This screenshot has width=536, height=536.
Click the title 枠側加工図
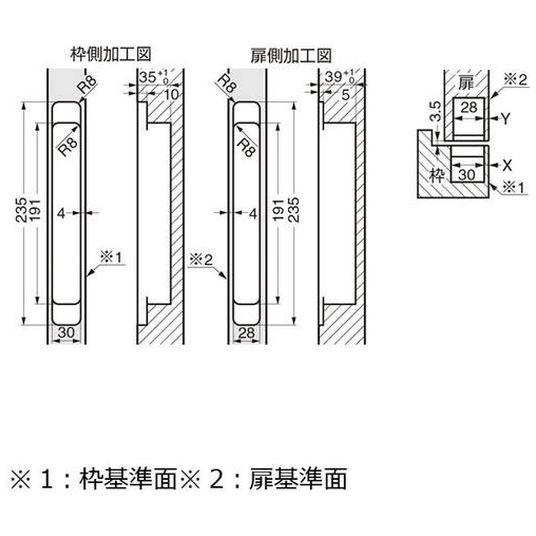pos(110,54)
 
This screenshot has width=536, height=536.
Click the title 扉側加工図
pos(291,55)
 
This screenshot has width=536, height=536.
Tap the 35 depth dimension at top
pos(147,76)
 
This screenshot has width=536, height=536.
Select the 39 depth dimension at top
pos(332,76)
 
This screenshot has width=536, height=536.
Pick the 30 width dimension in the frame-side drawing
pos(66,332)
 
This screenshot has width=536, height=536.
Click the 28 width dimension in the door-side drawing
pos(247,332)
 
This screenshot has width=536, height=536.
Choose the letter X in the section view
pos(504,165)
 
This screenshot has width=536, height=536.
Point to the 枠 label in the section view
pos(437,175)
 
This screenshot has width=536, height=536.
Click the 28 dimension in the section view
pos(468,107)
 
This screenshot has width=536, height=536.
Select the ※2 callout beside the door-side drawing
pos(201,260)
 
